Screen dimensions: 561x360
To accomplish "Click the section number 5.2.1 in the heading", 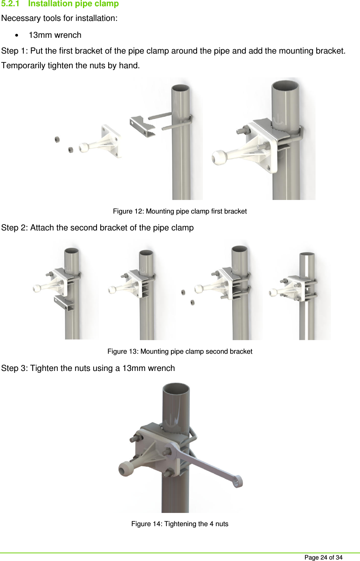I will tap(10, 4).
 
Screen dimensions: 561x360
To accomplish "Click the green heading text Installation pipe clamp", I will tap(73, 4).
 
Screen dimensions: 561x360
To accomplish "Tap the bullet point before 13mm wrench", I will tap(17, 36).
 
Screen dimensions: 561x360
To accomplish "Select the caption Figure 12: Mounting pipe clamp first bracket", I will tap(179, 211).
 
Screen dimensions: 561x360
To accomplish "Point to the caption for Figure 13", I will tap(179, 351).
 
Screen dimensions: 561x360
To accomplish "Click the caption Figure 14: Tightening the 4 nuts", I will tap(179, 524).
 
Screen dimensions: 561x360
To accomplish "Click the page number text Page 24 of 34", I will tap(323, 557).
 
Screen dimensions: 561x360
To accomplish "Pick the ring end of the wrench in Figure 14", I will tap(237, 481).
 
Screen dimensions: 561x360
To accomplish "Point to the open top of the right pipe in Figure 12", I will tap(285, 85).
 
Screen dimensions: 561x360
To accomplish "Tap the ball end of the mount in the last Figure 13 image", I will tap(273, 292).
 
